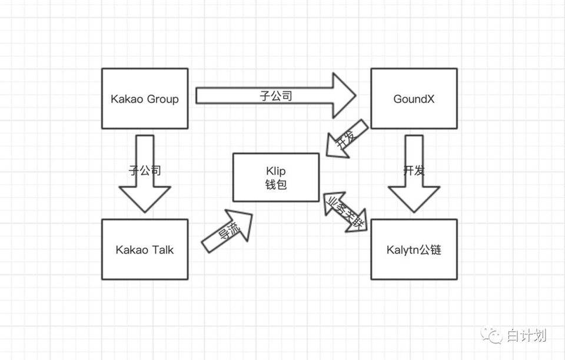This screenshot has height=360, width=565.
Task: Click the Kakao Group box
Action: [x=145, y=98]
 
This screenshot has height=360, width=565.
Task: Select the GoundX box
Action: [x=414, y=98]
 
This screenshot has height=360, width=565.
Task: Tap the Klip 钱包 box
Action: [x=276, y=177]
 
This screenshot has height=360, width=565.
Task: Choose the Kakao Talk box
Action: [x=145, y=249]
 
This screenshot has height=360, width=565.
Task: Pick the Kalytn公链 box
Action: [x=414, y=249]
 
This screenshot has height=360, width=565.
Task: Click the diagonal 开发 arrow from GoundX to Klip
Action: [x=345, y=140]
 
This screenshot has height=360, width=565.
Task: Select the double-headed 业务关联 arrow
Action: [x=345, y=212]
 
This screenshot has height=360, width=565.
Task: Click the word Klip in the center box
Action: [x=275, y=171]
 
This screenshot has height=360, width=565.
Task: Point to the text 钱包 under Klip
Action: [x=275, y=184]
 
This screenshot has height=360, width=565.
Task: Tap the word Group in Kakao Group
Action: [x=162, y=99]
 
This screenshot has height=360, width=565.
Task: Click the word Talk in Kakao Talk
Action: [x=162, y=249]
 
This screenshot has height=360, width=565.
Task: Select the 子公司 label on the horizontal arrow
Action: [x=275, y=95]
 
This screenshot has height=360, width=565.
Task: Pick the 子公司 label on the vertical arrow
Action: [x=145, y=171]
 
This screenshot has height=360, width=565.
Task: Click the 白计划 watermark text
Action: [x=526, y=336]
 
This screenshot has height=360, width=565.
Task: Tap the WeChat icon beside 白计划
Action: [x=492, y=335]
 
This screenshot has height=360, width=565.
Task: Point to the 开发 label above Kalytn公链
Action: [x=414, y=171]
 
